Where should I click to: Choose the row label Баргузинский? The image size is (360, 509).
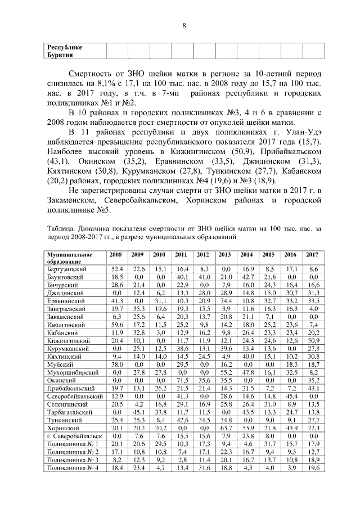tap(66, 270)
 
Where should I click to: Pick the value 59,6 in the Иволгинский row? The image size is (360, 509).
tap(117, 325)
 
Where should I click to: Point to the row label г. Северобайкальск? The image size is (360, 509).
tap(73, 436)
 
